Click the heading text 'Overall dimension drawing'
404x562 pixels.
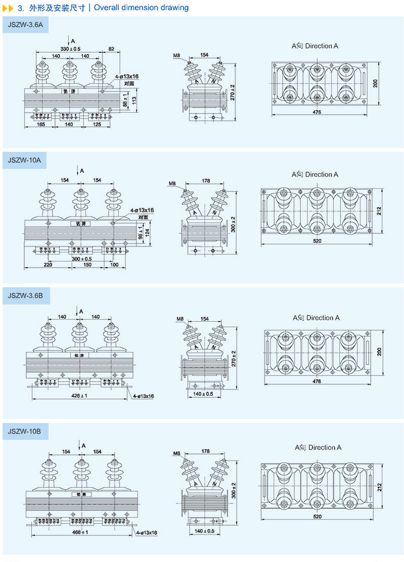coord(141,8)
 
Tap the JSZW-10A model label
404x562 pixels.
coord(24,160)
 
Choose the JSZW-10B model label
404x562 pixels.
coord(24,432)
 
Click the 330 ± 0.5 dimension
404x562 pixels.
coord(71,48)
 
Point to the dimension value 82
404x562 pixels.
coord(111,48)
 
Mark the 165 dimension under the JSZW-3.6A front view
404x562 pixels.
coord(41,124)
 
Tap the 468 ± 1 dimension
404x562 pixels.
coord(80,532)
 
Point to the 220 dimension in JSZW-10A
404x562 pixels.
coord(48,264)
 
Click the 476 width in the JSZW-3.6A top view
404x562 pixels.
coord(317,112)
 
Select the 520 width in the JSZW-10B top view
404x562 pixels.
coord(317,517)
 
